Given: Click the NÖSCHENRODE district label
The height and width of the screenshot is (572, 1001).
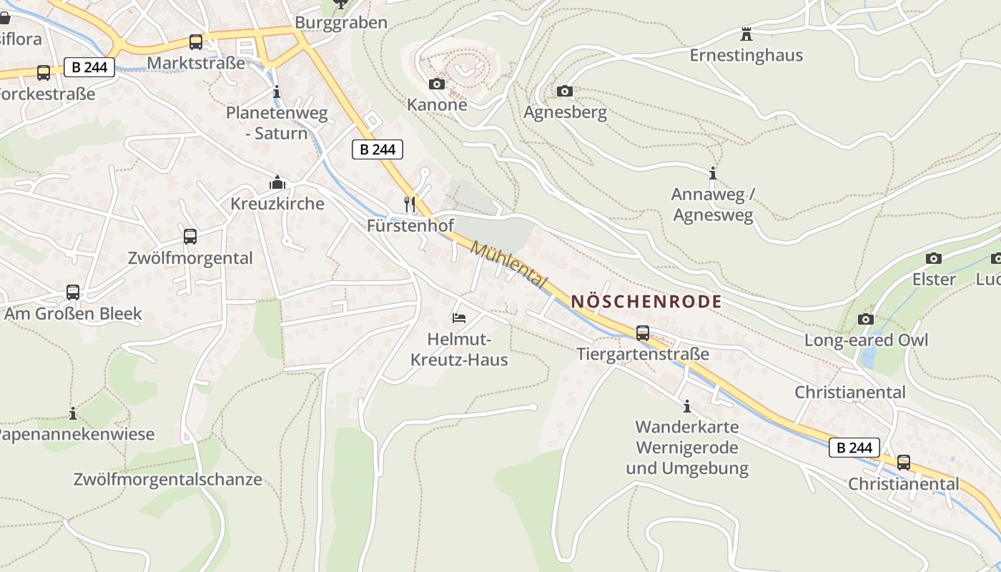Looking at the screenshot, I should coord(646,302).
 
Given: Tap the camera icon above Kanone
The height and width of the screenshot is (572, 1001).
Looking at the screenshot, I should coord(436,84).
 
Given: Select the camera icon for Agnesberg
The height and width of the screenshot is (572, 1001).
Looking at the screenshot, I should coord(564,91).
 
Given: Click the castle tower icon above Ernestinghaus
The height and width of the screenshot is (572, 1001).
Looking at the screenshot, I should coord(746,34).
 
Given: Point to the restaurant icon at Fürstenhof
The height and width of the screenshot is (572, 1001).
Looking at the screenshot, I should coord(410,204).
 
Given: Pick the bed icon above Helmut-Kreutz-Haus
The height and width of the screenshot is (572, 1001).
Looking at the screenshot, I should coord(458,317).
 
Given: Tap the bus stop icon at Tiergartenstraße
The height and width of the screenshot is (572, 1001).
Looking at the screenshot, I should coord(643,332).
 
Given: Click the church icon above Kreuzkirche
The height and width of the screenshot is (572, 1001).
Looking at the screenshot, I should coord(277,183).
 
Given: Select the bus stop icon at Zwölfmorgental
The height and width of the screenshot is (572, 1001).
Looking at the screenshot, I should coord(189,236).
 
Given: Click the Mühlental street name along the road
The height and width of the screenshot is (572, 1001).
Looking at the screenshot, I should coord(509,265).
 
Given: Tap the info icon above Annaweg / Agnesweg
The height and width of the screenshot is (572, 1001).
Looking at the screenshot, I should coord(712,173).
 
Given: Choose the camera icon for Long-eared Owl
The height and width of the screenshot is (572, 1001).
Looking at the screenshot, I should coord(866,319).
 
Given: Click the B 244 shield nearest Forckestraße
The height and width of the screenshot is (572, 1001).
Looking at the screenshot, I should coord(89,67).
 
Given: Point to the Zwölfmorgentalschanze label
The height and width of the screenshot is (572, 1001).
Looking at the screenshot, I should coord(168,479).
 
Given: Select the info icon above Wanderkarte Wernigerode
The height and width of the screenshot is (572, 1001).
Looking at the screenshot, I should coord(687,406).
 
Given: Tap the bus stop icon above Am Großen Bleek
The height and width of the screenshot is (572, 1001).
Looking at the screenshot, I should coord(72,292).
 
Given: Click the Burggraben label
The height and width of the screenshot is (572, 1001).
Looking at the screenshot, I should coord(341,22).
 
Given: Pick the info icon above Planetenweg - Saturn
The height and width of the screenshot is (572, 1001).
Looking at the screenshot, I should coord(277,92).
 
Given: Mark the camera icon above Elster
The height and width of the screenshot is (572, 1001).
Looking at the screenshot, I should coord(933,258).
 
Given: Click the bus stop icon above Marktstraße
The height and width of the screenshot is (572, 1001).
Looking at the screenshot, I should coord(195,41).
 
